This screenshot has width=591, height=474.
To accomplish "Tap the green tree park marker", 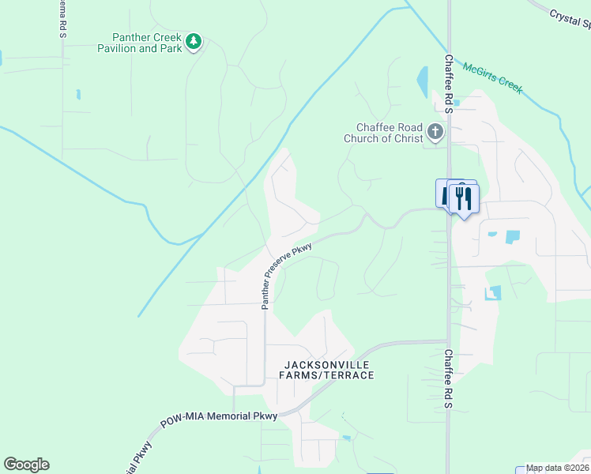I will point(194,41).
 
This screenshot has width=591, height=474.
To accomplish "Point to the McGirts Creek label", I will point(493,78).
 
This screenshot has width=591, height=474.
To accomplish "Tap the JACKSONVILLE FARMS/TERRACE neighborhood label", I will point(326,370).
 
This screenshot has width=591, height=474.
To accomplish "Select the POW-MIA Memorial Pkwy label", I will point(219,419).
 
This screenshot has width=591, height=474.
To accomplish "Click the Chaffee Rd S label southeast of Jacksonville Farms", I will point(448,379).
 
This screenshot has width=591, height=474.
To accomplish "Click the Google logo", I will point(26,465).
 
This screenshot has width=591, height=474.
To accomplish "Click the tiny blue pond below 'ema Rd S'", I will point(77,95).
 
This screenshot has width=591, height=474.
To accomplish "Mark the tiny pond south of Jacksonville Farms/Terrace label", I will point(346,437).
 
